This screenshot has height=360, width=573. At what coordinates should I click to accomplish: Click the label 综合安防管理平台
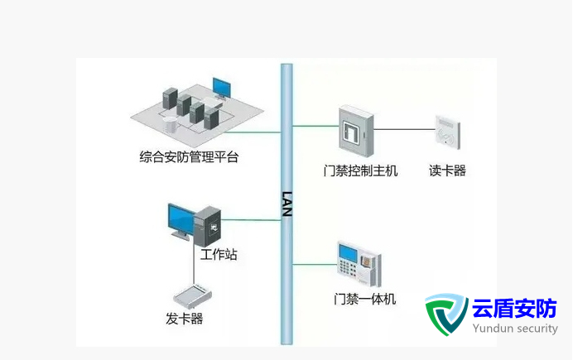pos(189,156)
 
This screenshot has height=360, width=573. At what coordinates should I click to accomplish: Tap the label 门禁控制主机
pos(360,171)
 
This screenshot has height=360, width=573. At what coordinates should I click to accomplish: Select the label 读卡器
pos(447,171)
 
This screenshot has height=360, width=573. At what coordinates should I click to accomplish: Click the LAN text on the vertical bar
pos(287,204)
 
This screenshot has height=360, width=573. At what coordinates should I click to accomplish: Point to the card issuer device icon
pos(193,294)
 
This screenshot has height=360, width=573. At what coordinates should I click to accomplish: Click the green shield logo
pos(446,314)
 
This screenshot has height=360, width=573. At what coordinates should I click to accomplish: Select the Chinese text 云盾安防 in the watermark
pos(514,309)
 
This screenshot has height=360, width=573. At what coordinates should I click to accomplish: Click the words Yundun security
pos(514,329)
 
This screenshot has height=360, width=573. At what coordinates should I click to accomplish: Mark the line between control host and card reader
pos(405,129)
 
